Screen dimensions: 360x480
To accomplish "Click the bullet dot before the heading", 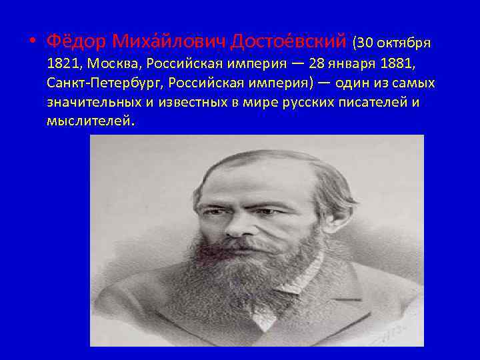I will [x=31, y=42].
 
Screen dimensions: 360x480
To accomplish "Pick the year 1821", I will [x=62, y=65].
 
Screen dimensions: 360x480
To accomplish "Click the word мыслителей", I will [x=89, y=123].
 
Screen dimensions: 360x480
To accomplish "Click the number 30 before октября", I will [x=366, y=43].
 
